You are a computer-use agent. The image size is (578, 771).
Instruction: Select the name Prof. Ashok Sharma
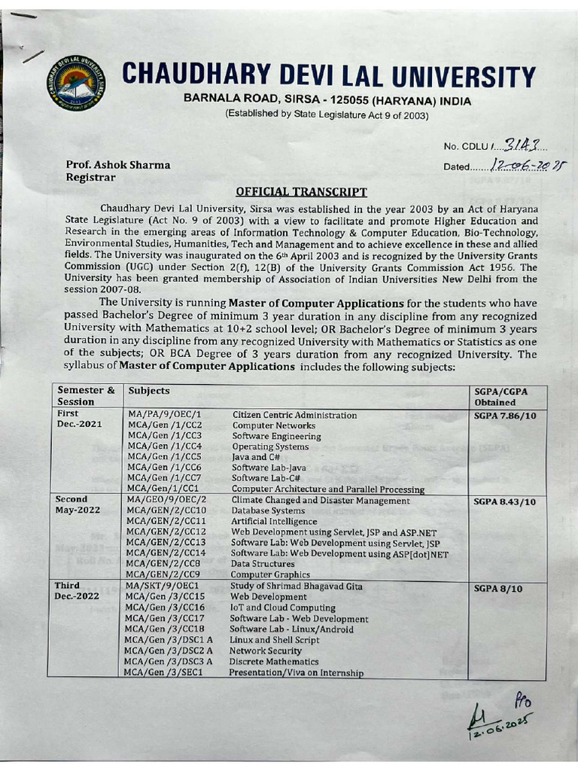click(x=118, y=165)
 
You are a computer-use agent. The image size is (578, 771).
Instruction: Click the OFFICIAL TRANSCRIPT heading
click(x=301, y=192)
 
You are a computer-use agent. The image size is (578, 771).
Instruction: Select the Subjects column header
click(x=149, y=391)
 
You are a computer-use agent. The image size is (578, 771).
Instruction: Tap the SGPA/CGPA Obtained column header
click(x=503, y=396)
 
